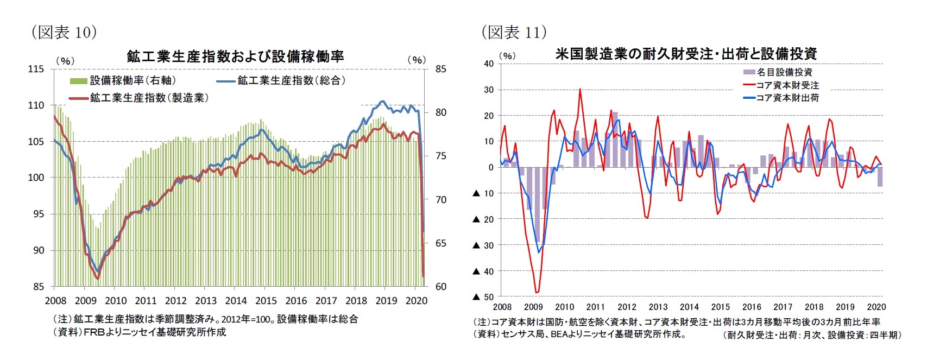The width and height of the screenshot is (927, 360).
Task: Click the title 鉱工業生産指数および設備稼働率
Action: coord(235,56)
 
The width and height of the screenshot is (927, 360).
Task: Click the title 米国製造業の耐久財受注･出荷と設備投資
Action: coord(686,54)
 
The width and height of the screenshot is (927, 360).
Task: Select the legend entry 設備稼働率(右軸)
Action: coord(133,80)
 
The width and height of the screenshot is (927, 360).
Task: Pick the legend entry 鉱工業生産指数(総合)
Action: coord(291,80)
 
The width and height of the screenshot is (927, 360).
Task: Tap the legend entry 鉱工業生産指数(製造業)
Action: coord(149,98)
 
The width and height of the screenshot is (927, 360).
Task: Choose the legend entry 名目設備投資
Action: coord(784,72)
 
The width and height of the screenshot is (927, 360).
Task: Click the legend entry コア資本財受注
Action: coord(787,85)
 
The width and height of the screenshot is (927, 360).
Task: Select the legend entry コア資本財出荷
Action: coord(787,98)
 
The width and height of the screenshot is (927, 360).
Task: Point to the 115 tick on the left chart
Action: coord(36,69)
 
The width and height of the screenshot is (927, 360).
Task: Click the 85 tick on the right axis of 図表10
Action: coord(440,69)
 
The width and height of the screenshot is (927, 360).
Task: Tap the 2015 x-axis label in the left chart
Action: coord(266,301)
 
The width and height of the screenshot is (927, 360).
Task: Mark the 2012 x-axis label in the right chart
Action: coord(627,307)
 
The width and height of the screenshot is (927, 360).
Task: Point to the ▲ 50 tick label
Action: coord(483,297)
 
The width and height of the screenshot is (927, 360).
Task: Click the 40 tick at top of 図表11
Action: coord(489,64)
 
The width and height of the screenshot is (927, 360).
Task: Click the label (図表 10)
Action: coord(64,33)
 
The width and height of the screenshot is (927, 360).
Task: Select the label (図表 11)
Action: coord(514,33)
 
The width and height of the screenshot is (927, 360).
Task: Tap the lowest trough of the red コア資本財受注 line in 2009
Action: coord(537,293)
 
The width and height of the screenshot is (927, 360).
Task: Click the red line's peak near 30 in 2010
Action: coord(580,90)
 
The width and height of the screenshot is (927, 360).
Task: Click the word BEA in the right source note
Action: coord(559,334)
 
